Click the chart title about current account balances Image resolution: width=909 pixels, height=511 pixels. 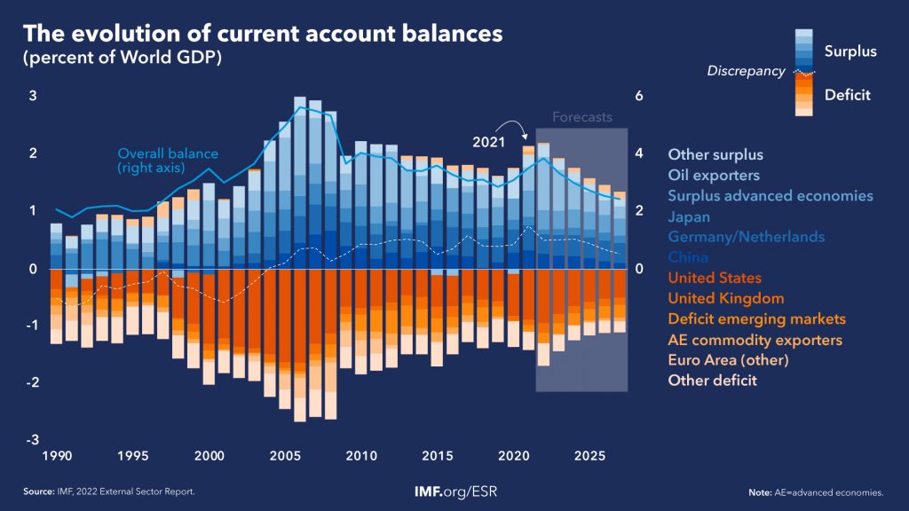262,35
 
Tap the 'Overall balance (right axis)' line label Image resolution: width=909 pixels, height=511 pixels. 163,159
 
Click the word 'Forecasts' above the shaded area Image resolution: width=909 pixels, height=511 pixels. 582,117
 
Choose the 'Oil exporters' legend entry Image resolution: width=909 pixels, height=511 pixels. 714,175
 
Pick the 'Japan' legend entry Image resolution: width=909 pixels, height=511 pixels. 689,216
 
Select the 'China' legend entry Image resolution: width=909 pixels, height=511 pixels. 688,257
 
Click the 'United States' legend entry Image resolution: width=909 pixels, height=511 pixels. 715,279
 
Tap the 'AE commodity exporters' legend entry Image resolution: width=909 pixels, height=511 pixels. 755,340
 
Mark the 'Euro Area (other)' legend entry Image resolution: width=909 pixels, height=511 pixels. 728,360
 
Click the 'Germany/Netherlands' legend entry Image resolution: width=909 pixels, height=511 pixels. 747,237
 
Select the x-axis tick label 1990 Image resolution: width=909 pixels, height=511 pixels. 57,456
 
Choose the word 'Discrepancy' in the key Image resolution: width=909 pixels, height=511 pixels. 746,71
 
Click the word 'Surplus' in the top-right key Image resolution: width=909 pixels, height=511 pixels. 850,51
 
